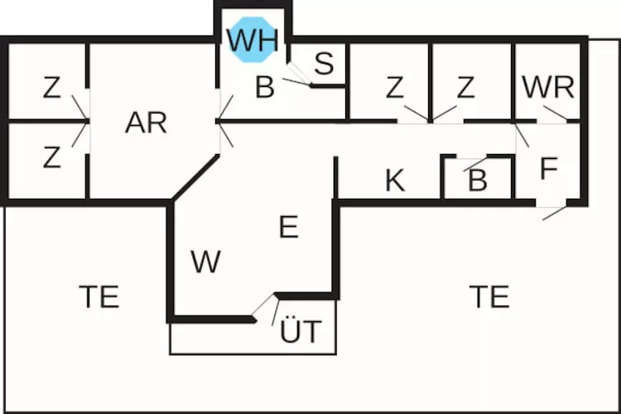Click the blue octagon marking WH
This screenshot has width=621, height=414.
[x=253, y=38]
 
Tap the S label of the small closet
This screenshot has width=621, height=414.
[x=325, y=63]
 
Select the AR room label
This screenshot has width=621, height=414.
[x=146, y=123]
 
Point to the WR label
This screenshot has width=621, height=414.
[x=548, y=86]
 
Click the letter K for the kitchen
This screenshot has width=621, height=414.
[x=395, y=181]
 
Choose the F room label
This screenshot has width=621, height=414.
[x=548, y=169]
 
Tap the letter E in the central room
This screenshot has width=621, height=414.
[x=288, y=226]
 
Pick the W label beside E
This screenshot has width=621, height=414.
[x=205, y=262]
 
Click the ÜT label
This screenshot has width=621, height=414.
[x=300, y=332]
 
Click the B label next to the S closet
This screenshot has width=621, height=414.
[x=264, y=87]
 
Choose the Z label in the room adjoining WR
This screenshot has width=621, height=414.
[x=465, y=86]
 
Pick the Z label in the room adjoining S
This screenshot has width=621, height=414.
[x=395, y=86]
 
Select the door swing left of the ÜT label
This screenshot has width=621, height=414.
[x=265, y=309]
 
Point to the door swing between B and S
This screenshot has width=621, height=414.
[x=298, y=79]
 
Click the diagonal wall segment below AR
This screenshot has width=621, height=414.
[x=195, y=177]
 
